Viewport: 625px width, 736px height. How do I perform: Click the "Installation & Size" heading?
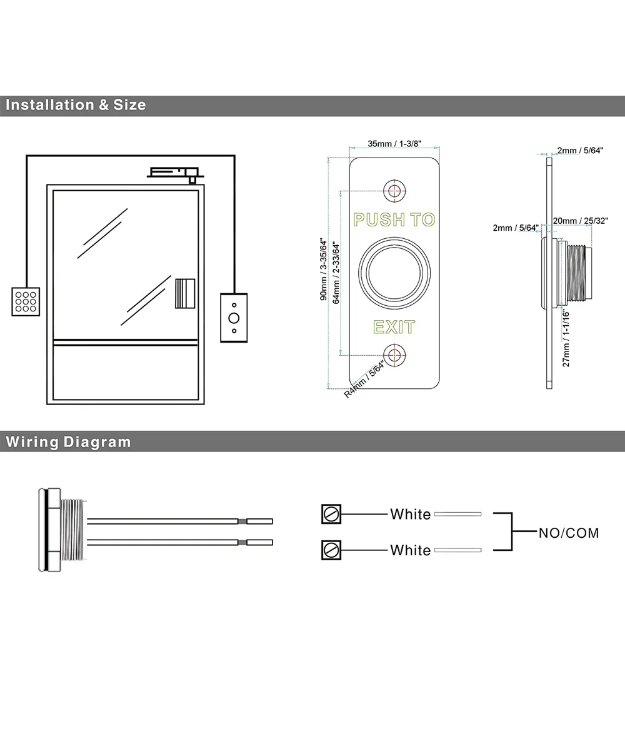(x=76, y=105)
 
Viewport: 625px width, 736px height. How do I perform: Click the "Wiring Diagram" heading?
(x=69, y=442)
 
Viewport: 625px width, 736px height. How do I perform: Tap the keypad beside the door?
(x=26, y=301)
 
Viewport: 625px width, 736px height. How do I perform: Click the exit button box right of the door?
(x=234, y=318)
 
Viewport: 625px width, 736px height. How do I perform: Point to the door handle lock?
(x=184, y=293)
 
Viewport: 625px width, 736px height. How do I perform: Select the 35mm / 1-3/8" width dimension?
(x=394, y=144)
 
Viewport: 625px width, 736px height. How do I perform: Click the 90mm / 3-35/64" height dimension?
(x=324, y=269)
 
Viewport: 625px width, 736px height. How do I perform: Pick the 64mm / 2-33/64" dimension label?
(x=337, y=273)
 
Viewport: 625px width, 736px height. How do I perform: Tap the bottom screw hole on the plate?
(x=394, y=355)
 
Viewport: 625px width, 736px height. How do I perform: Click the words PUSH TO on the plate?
(x=394, y=219)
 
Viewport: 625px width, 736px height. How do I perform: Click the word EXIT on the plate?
(x=394, y=327)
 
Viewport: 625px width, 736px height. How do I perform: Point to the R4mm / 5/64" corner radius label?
(x=365, y=381)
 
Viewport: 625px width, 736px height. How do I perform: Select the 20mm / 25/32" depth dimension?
(x=581, y=221)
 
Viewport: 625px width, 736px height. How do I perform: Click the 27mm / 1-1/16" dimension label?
(x=566, y=338)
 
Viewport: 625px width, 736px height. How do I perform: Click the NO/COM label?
(x=569, y=533)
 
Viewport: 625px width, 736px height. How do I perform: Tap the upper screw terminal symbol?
(x=331, y=514)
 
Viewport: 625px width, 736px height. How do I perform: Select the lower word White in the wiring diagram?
(x=411, y=550)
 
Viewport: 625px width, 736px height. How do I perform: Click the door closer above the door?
(x=174, y=171)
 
